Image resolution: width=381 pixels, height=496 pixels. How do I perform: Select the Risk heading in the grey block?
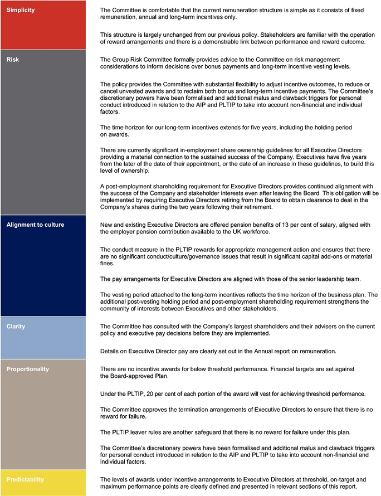pos(12,59)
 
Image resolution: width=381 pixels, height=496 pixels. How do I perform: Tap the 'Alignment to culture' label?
pos(35,225)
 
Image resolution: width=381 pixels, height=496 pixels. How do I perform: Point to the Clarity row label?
pos(16,325)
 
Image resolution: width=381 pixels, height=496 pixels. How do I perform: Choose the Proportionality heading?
pos(28,369)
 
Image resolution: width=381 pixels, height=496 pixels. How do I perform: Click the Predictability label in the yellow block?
pos(25,479)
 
